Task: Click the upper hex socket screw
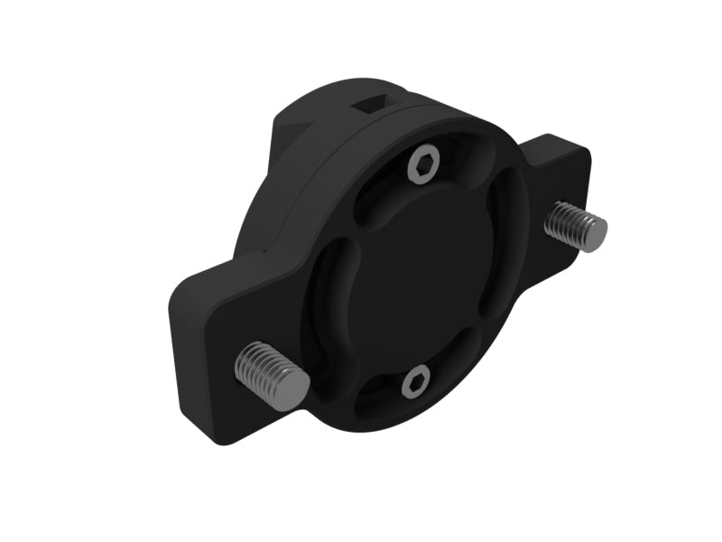[423, 166]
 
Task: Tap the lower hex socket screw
[414, 384]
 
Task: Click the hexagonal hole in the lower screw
[414, 384]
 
